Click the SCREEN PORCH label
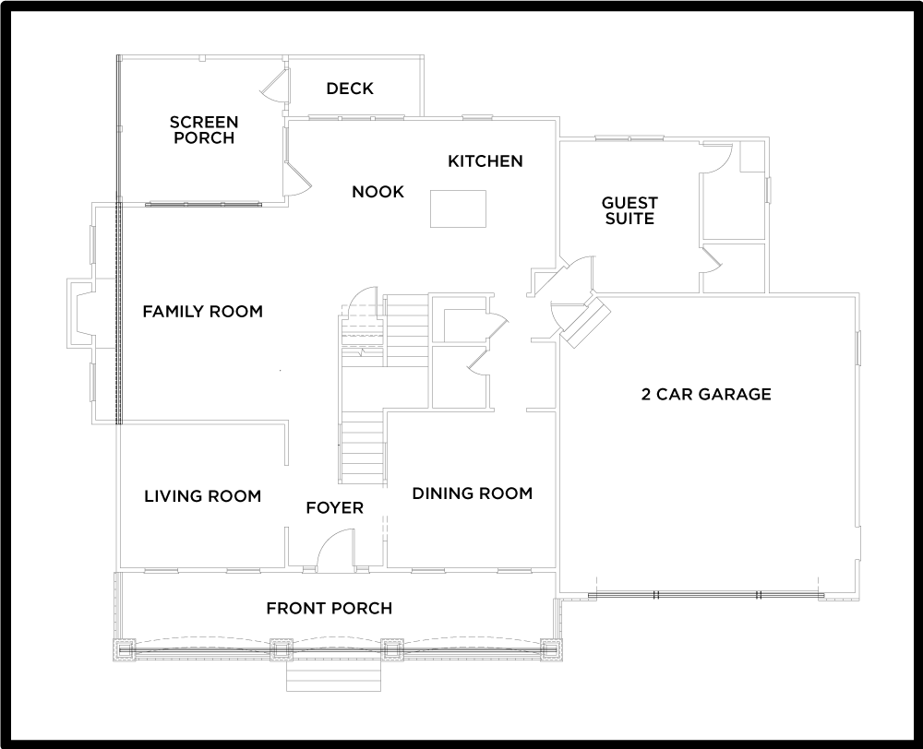click(203, 130)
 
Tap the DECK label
click(350, 89)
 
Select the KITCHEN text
click(485, 161)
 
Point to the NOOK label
click(378, 192)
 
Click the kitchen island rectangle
click(459, 208)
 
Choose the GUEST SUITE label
click(629, 210)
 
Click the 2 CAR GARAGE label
click(706, 395)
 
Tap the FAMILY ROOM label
click(202, 312)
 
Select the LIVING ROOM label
click(202, 496)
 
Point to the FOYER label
click(335, 508)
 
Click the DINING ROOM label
click(472, 493)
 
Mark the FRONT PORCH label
click(329, 608)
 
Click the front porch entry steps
click(334, 678)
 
